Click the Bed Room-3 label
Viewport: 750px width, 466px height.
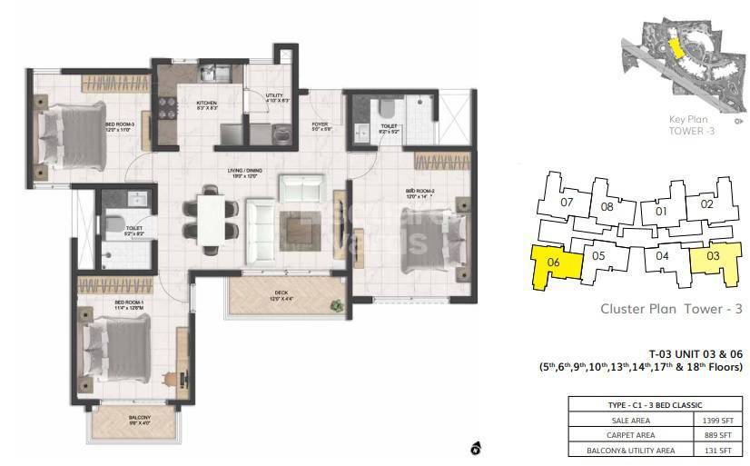120,126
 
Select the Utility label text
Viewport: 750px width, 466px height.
274,97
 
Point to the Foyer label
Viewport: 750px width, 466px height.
320,125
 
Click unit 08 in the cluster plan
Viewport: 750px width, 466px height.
607,207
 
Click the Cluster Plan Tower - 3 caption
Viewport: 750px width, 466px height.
671,310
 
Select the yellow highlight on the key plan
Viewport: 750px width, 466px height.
675,48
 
